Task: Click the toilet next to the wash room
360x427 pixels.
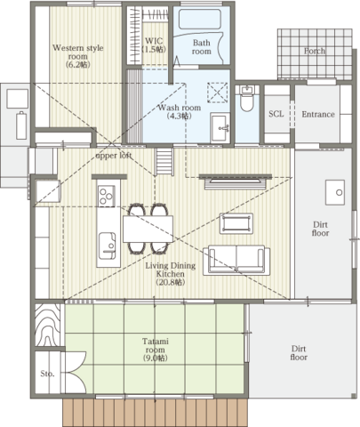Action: pos(246,99)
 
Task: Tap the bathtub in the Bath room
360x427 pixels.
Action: pos(200,19)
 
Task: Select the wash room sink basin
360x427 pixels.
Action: pos(220,128)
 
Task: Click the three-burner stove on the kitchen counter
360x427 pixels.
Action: pos(107,196)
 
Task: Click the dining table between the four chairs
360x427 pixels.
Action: pos(148,229)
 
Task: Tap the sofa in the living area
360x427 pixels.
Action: pos(236,260)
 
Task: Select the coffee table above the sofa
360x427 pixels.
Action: pos(236,223)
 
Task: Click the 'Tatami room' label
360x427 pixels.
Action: pos(156,345)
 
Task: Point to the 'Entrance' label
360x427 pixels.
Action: pos(318,114)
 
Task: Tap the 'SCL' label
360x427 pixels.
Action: pos(276,114)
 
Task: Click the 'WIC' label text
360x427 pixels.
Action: pos(154,41)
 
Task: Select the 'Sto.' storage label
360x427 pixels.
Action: pos(47,374)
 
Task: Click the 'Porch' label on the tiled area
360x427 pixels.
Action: pos(315,51)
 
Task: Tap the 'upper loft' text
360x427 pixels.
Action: pos(114,156)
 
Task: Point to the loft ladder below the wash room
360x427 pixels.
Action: pos(164,162)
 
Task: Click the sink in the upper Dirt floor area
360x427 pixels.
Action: pos(335,192)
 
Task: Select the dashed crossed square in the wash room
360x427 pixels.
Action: pos(218,93)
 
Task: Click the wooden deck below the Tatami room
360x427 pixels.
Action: pos(155,413)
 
